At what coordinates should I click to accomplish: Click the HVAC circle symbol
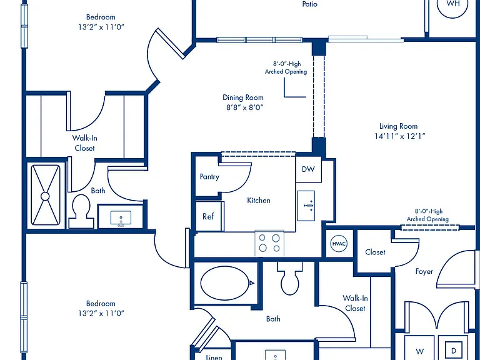[x=339, y=244]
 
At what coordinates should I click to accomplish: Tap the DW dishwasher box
[x=309, y=169]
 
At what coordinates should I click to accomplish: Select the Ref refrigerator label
[x=208, y=216]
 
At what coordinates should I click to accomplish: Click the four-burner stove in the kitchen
[x=269, y=243]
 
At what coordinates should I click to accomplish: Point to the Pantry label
[x=209, y=177]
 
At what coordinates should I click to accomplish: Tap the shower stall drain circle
[x=45, y=196]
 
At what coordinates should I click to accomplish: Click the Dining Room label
[x=243, y=97]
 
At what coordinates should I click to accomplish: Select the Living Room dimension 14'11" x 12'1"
[x=400, y=136]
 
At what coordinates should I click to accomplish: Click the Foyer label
[x=424, y=271]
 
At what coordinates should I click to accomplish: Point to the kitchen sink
[x=306, y=206]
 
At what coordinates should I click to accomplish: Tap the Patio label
[x=310, y=4]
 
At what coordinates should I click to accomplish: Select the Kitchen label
[x=259, y=200]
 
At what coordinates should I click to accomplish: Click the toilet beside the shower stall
[x=81, y=211]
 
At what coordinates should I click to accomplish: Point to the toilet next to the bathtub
[x=289, y=278]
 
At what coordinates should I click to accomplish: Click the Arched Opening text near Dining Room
[x=286, y=72]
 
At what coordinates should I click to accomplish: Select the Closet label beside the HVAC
[x=375, y=252]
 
